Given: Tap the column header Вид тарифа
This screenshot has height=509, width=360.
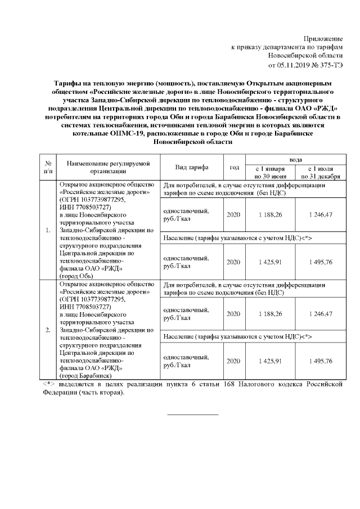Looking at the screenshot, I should click(x=192, y=168).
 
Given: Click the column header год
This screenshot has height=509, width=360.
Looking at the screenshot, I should click(x=235, y=168).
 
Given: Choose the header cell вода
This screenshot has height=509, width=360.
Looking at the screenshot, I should click(x=295, y=160).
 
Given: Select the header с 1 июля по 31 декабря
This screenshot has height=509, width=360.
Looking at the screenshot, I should click(x=321, y=173).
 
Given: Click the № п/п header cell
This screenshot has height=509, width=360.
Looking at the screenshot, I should click(x=48, y=168).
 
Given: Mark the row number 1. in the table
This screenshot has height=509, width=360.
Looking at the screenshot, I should click(x=48, y=230).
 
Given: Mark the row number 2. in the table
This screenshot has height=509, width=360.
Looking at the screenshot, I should click(x=48, y=330).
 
